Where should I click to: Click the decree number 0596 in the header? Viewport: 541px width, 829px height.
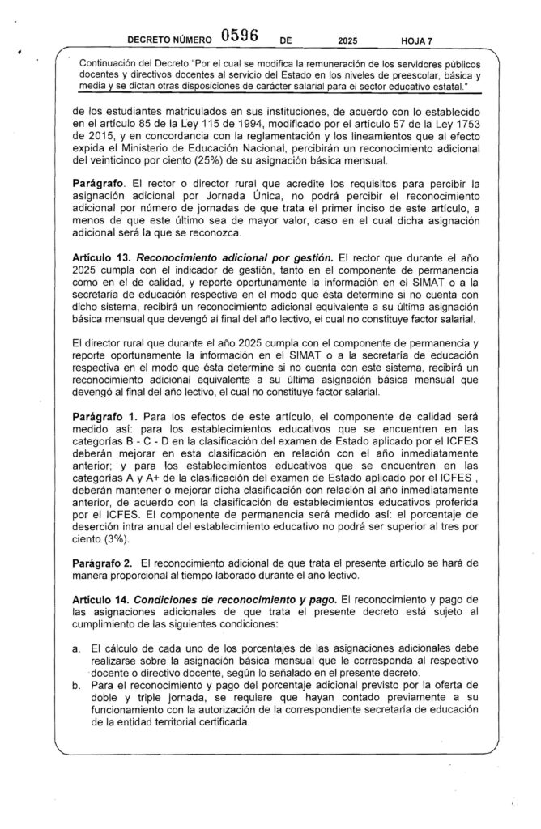[239, 36]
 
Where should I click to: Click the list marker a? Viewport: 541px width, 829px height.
[76, 650]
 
